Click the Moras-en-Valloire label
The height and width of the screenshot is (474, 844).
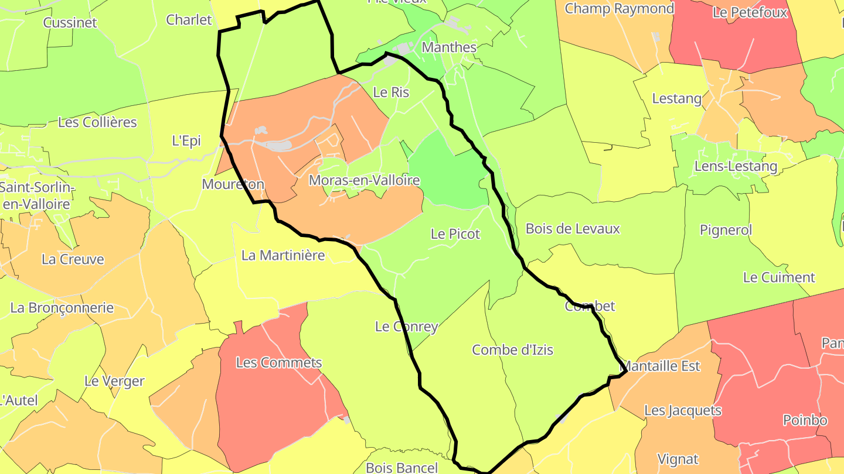click(364, 180)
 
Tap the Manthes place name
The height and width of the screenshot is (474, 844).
click(449, 47)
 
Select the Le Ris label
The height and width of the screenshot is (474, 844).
click(391, 92)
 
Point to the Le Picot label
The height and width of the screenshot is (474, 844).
click(455, 234)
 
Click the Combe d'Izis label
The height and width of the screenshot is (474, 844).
click(512, 350)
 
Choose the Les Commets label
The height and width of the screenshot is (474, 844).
click(279, 363)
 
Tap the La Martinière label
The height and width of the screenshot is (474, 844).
click(283, 255)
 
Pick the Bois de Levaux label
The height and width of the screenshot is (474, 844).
click(573, 229)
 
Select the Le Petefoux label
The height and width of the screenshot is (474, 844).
click(750, 12)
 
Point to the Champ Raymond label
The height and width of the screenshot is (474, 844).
click(619, 9)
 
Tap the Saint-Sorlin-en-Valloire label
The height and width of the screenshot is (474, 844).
click(37, 196)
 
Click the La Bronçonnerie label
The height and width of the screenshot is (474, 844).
click(62, 308)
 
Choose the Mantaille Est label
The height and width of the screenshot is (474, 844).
click(661, 366)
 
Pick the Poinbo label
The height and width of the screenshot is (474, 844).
click(805, 420)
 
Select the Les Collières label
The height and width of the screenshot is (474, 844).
click(97, 122)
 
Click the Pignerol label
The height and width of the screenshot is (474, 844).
click(726, 231)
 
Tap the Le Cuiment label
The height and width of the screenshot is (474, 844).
click(779, 277)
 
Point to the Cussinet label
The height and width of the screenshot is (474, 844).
click(70, 23)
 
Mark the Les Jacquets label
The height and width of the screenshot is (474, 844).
click(682, 411)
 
